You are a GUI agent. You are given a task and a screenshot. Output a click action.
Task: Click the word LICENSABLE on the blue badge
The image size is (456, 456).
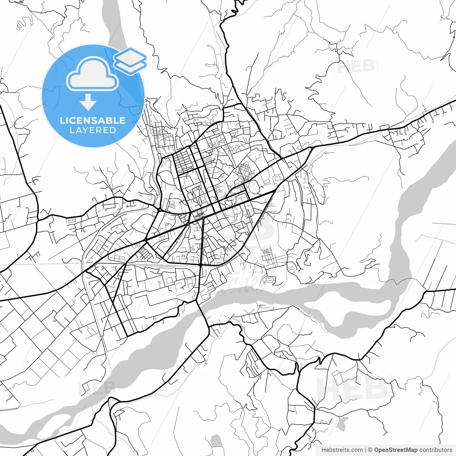click(x=93, y=120)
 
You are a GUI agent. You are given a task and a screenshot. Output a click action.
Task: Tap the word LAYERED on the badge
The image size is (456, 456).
click(x=93, y=130)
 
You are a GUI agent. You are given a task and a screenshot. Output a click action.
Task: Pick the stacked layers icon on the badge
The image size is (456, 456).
click(x=130, y=61)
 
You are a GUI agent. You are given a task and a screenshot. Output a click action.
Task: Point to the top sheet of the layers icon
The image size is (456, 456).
click(x=130, y=56)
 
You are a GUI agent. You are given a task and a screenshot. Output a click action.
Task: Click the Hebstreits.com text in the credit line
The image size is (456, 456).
click(x=342, y=450)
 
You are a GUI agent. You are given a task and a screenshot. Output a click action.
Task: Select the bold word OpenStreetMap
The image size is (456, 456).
click(x=396, y=450)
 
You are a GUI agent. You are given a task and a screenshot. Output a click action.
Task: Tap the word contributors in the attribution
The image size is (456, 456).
click(x=435, y=450)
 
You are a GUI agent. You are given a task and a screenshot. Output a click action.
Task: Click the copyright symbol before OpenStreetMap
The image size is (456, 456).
click(x=370, y=450)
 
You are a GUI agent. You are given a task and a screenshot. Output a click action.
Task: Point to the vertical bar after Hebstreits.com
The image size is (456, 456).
click(x=366, y=450)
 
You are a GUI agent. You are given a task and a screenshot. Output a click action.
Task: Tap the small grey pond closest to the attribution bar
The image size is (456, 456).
click(x=216, y=441)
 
